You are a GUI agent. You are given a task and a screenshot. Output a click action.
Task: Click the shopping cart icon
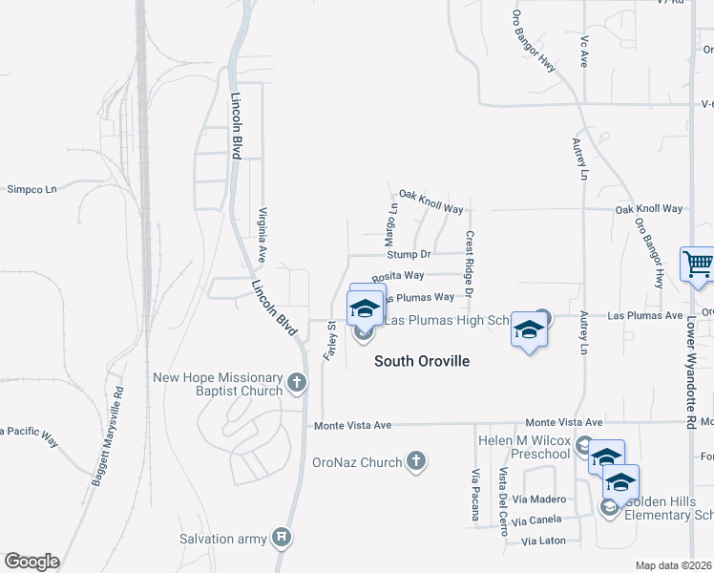(x=698, y=265)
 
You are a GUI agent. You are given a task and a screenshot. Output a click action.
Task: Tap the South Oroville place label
(x=422, y=361)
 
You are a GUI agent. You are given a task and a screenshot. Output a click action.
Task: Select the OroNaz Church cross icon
(x=415, y=462)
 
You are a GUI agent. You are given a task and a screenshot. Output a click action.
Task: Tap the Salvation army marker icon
(x=281, y=539)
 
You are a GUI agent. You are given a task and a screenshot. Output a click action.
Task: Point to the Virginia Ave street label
(x=261, y=236)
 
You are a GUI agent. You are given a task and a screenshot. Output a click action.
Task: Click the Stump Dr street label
(x=409, y=254)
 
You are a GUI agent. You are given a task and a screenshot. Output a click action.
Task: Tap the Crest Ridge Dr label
(x=470, y=264)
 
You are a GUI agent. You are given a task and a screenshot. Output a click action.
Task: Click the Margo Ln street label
(x=391, y=221)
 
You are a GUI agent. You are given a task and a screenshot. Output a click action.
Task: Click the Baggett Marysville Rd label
(x=108, y=436)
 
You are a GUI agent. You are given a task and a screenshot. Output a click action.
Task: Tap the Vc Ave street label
(x=583, y=53)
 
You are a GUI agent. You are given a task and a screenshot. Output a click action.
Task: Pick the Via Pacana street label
(x=474, y=495)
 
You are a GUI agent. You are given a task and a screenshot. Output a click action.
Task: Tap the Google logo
(x=31, y=562)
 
